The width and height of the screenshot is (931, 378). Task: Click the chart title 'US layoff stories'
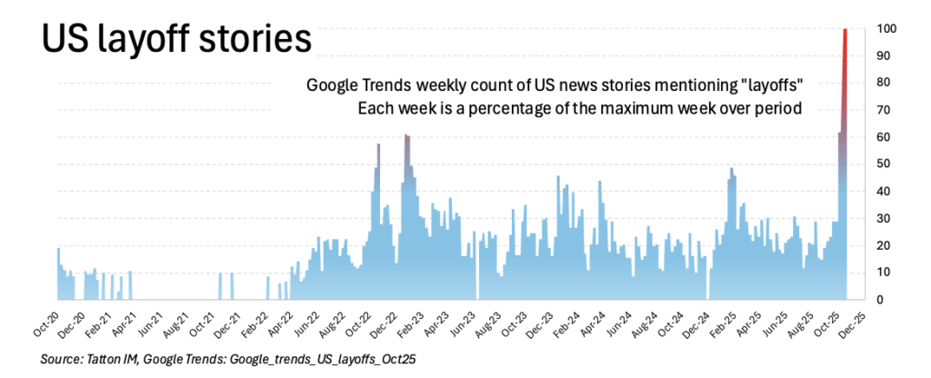pyautogui.click(x=172, y=39)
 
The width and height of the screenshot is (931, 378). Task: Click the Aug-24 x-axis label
pyautogui.click(x=642, y=323)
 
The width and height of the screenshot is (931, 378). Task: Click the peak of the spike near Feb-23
pyautogui.click(x=406, y=136)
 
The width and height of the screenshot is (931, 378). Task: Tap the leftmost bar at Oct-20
pyautogui.click(x=59, y=274)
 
